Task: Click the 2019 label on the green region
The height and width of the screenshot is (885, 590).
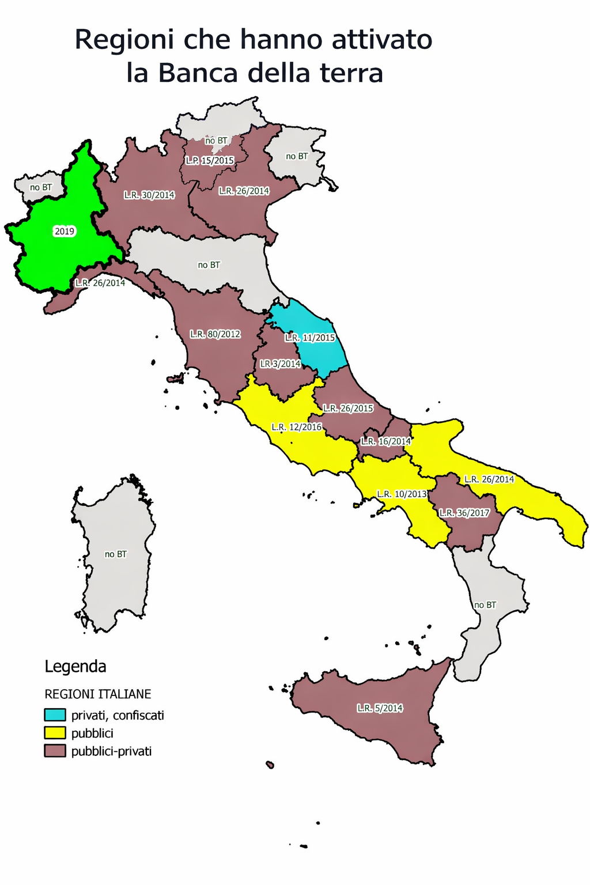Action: tap(65, 231)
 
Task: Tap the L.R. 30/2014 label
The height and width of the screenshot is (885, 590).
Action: tap(149, 195)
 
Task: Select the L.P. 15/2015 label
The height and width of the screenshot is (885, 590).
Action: tap(210, 160)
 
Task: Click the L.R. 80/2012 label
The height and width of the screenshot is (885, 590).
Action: tap(215, 334)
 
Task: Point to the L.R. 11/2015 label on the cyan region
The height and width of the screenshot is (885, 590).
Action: tap(310, 338)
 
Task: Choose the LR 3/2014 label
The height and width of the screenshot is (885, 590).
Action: tap(281, 364)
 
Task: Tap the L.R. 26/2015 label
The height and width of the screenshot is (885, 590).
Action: tap(348, 408)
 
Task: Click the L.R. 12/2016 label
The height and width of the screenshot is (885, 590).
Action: tap(297, 427)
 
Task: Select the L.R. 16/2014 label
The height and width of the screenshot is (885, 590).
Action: tap(386, 441)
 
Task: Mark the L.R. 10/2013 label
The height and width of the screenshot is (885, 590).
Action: tap(402, 494)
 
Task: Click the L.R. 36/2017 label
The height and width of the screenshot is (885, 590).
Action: tap(464, 513)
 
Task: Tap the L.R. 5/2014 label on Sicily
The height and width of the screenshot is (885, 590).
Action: tap(380, 708)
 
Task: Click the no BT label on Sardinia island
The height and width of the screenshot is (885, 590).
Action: tap(116, 554)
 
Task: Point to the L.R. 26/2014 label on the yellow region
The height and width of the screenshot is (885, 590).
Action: tap(489, 479)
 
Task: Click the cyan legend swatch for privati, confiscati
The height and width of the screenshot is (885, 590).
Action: tap(55, 715)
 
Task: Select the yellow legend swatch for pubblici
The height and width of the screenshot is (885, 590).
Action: tap(55, 733)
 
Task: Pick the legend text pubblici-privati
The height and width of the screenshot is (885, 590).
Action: tap(111, 751)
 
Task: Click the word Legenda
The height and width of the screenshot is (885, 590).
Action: tap(75, 667)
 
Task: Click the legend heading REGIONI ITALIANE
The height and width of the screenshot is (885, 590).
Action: tap(98, 694)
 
